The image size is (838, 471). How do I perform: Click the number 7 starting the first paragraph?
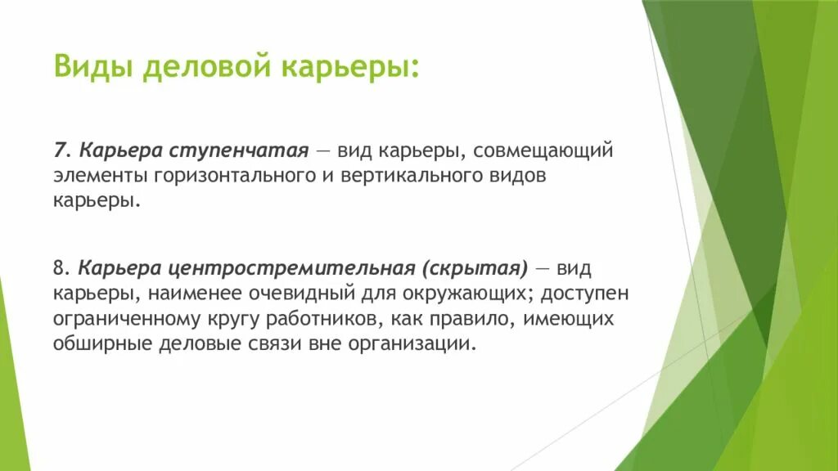(59, 151)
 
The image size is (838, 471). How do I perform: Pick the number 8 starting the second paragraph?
(59, 269)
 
